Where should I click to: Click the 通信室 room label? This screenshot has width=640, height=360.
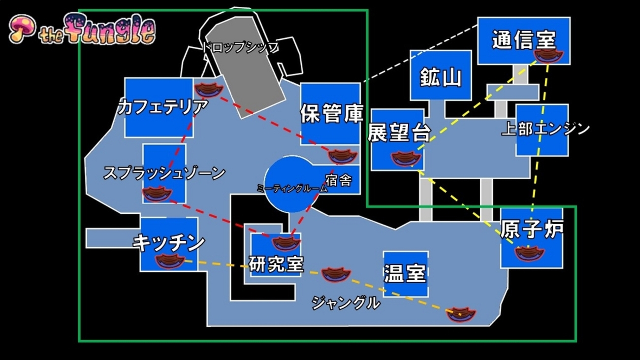[x=524, y=40]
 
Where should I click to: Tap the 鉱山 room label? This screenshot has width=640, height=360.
[x=441, y=77]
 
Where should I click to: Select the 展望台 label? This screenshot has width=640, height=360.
[x=399, y=132]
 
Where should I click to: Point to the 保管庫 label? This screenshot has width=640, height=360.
[x=331, y=113]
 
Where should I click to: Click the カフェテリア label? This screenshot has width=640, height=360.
[x=163, y=106]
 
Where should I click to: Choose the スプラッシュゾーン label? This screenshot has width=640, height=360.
[x=164, y=173]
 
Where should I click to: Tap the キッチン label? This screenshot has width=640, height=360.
[x=169, y=243]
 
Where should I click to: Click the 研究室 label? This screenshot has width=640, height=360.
[x=276, y=263]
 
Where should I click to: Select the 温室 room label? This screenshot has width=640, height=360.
[x=405, y=273]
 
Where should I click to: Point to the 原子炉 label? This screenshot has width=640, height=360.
[x=532, y=229]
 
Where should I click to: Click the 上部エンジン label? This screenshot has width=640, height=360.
[x=545, y=129]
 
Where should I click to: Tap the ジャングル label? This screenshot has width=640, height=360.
[x=346, y=302]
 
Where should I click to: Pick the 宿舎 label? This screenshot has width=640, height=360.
[x=339, y=180]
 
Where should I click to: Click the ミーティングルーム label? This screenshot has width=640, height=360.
[x=292, y=188]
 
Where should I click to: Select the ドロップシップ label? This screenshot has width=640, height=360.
[x=241, y=47]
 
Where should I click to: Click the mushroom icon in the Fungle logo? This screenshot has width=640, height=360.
[x=23, y=29]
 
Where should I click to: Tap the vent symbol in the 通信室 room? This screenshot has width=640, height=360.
[x=548, y=56]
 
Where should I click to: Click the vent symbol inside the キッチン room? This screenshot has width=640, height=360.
[x=170, y=261]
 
